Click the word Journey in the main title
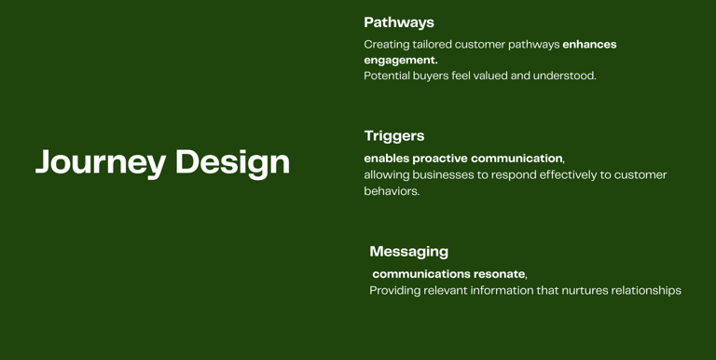point(101,162)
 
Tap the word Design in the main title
point(232,162)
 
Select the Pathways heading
point(399,22)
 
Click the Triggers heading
point(394,136)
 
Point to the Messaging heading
point(409,252)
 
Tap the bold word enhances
point(589,45)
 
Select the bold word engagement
point(401,61)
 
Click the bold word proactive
point(440,159)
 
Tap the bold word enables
point(387,159)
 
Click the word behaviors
point(392,191)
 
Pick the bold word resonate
point(500,274)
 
